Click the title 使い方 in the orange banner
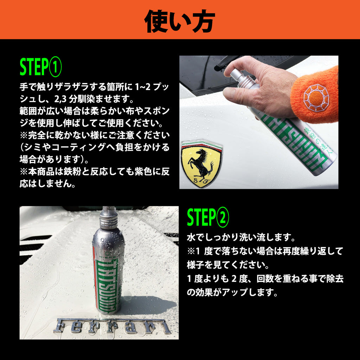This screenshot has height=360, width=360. pos(180,20)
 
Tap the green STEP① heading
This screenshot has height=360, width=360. pos(40,68)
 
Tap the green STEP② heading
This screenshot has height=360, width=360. pos(208,217)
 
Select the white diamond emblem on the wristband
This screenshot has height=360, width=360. pos(316,96)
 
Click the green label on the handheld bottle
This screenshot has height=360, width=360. pos(295,141)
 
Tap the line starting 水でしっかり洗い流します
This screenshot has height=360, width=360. pos(241,238)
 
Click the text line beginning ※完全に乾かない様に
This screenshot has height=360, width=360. pos(95,135)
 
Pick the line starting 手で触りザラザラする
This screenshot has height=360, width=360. pos(95,86)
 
